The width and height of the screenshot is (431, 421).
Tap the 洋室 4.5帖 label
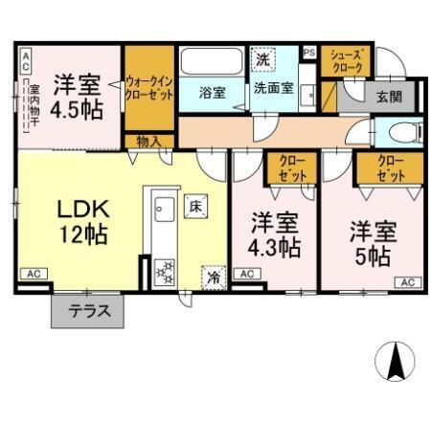[76, 95]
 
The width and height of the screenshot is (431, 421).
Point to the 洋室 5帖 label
[372, 242]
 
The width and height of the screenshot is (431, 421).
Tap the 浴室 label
[212, 93]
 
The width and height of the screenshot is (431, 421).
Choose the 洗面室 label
[273, 91]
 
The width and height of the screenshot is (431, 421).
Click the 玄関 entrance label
[388, 96]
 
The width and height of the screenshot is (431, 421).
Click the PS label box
[308, 52]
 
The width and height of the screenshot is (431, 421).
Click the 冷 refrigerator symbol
[212, 277]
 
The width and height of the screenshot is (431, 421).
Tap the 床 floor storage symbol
[193, 205]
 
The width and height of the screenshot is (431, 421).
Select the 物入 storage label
[148, 141]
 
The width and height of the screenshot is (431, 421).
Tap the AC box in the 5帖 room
[406, 281]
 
